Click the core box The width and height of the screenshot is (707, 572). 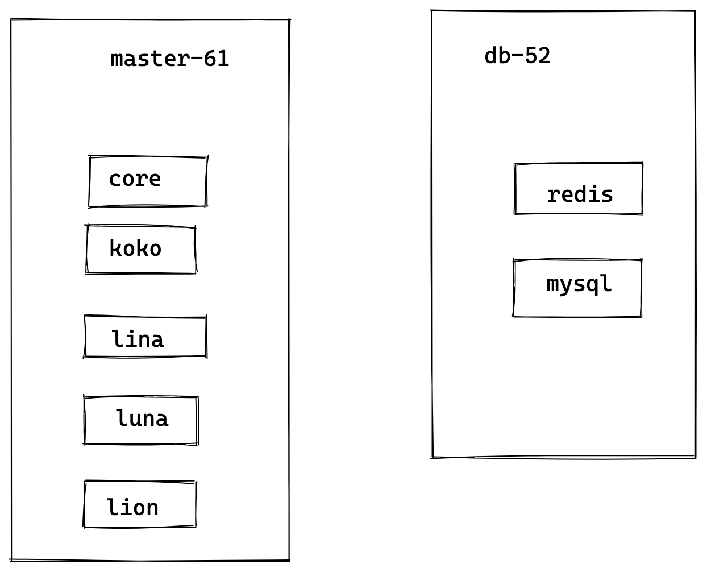click(x=148, y=181)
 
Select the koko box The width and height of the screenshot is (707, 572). click(x=141, y=250)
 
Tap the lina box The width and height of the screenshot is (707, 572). click(x=145, y=337)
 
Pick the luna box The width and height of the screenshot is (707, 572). click(x=140, y=420)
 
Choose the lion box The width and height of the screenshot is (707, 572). click(x=140, y=505)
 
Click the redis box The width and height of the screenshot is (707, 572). click(x=578, y=189)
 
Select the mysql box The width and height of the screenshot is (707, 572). click(x=577, y=288)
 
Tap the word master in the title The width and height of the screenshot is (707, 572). click(x=149, y=59)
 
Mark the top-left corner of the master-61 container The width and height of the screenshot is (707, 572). click(x=11, y=20)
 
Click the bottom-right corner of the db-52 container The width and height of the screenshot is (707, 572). click(x=695, y=456)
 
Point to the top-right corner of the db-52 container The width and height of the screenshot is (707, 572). click(x=694, y=11)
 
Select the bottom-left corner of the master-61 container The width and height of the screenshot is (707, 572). click(x=11, y=559)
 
